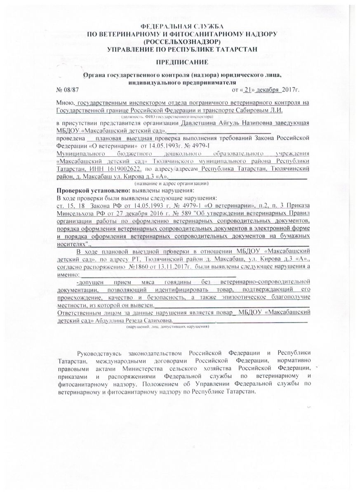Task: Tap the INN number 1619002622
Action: click(x=124, y=170)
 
